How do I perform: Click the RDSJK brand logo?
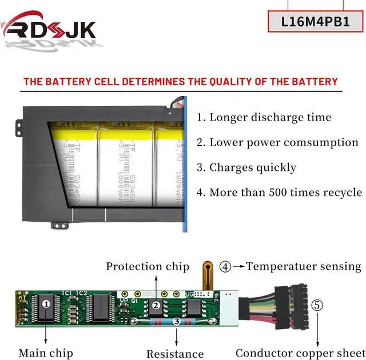click(x=49, y=29)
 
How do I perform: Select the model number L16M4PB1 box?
click(x=316, y=22)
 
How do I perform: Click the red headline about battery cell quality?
click(x=180, y=82)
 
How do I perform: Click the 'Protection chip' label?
click(x=147, y=266)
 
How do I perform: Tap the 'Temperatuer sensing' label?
click(x=304, y=266)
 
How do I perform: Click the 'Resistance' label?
click(x=175, y=354)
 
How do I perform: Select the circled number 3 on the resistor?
click(x=177, y=322)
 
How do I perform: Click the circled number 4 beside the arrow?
click(x=226, y=266)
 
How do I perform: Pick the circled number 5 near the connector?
click(x=317, y=305)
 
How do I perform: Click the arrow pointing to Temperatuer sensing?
click(x=238, y=266)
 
